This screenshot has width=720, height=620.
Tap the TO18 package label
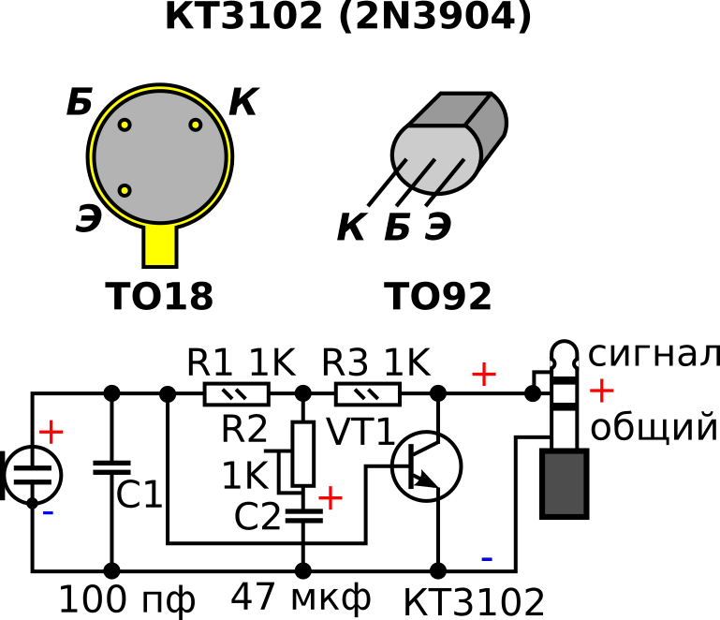click(159, 297)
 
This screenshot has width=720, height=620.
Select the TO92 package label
click(437, 297)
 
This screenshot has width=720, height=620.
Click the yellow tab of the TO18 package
click(160, 245)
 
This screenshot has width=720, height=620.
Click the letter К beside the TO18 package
click(242, 103)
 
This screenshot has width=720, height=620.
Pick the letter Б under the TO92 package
click(397, 227)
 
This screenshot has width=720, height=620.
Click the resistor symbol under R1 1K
click(236, 394)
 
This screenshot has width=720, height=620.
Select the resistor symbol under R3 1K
click(368, 394)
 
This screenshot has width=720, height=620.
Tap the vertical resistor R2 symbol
click(302, 453)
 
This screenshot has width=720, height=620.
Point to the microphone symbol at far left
click(32, 474)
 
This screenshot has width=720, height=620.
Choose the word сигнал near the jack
click(653, 355)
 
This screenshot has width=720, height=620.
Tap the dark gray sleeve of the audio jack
click(565, 482)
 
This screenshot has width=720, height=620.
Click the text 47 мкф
click(301, 597)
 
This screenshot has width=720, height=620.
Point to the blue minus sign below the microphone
click(48, 512)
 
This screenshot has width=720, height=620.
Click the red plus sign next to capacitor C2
click(331, 496)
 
